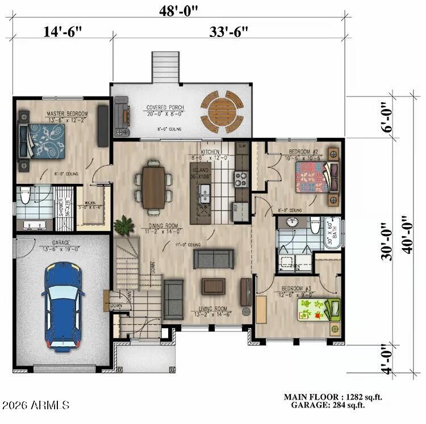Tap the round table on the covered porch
222,111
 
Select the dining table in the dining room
153,187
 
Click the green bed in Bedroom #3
318,310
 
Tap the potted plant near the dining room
123,226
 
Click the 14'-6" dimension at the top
62,31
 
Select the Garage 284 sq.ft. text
328,405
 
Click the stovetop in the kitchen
241,179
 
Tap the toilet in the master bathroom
24,197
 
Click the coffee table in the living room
214,286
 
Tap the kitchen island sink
204,196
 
